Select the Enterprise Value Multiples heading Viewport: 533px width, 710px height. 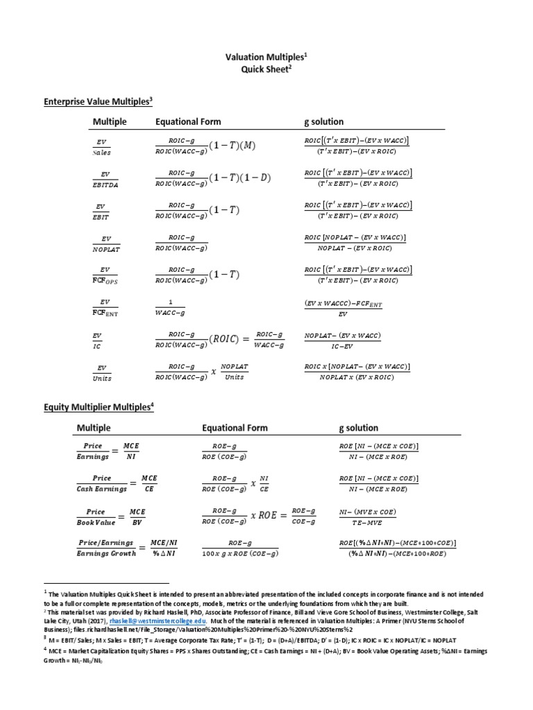[98, 101]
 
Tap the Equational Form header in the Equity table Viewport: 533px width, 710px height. [234, 428]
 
